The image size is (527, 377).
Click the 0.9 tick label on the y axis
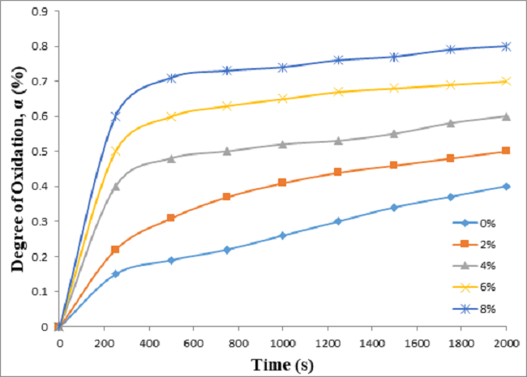pos(38,11)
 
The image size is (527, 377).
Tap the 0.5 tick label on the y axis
pos(38,152)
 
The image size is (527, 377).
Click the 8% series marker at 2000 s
pos(507,46)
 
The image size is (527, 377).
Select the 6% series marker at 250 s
pos(115,152)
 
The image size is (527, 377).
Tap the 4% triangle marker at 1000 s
pos(283,144)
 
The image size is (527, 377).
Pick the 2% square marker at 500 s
pos(171,218)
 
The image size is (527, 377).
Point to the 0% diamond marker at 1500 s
pos(395,208)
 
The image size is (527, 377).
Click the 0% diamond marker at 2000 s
pos(507,186)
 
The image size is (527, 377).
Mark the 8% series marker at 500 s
pos(171,78)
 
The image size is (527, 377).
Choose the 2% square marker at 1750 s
pos(451,158)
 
